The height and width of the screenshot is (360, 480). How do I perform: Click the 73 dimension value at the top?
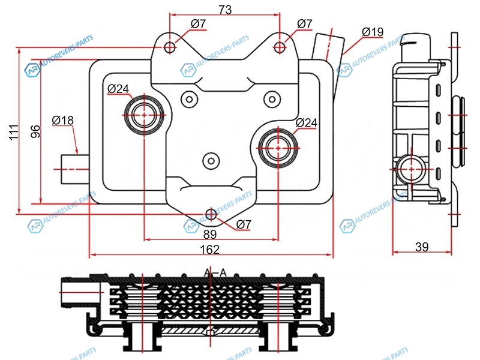[x=225, y=10]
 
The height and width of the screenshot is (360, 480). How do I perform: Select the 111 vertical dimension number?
[x=14, y=132]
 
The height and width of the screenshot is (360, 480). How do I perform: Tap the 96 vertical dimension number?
[x=34, y=132]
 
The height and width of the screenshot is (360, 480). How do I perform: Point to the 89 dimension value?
[x=210, y=234]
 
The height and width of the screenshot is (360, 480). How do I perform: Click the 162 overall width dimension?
[x=210, y=249]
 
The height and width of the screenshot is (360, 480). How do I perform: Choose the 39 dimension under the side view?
[x=422, y=247]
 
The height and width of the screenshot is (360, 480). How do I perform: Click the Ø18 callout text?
[x=63, y=121]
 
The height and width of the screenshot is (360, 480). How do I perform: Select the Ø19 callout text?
[x=373, y=31]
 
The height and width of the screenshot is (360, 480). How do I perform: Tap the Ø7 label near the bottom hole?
[x=244, y=224]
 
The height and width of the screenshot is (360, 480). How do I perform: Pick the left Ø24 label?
[x=119, y=89]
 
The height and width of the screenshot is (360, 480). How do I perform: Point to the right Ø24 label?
[x=306, y=123]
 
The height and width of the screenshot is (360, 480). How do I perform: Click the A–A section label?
[x=214, y=273]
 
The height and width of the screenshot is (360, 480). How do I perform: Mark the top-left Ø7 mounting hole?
[x=170, y=47]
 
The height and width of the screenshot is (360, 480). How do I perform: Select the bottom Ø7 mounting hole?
[x=211, y=214]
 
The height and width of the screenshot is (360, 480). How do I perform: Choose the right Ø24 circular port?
[x=279, y=145]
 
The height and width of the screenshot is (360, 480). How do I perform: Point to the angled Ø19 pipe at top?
[x=327, y=44]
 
